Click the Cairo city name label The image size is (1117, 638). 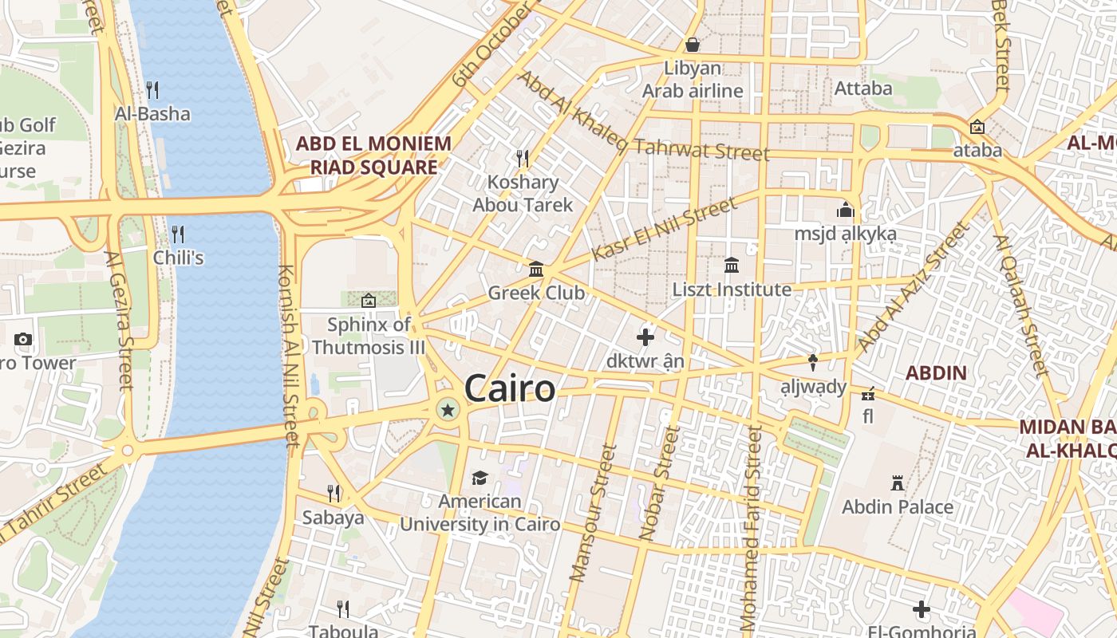tap(509, 389)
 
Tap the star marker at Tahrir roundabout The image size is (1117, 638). tap(448, 411)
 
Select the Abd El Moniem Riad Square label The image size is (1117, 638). tap(373, 156)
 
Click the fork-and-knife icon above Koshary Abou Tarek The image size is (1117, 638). tap(523, 158)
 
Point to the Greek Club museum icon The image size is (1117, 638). tap(536, 270)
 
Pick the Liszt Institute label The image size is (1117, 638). tap(732, 289)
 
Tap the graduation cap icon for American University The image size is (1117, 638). tap(480, 478)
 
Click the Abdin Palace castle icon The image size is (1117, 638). tap(898, 483)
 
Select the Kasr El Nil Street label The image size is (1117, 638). tap(666, 229)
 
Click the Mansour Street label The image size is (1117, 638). tap(594, 512)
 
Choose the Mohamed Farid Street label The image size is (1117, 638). tap(751, 530)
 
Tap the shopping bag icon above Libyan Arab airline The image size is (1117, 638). tap(693, 45)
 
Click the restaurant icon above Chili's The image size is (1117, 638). tap(178, 234)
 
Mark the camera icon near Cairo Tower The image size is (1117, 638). tap(23, 339)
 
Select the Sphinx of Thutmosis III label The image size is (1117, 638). tap(369, 336)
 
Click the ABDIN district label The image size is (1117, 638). tap(936, 372)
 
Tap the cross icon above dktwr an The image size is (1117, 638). tap(645, 337)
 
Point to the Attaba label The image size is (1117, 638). tap(863, 89)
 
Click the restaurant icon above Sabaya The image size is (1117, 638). tap(334, 494)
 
